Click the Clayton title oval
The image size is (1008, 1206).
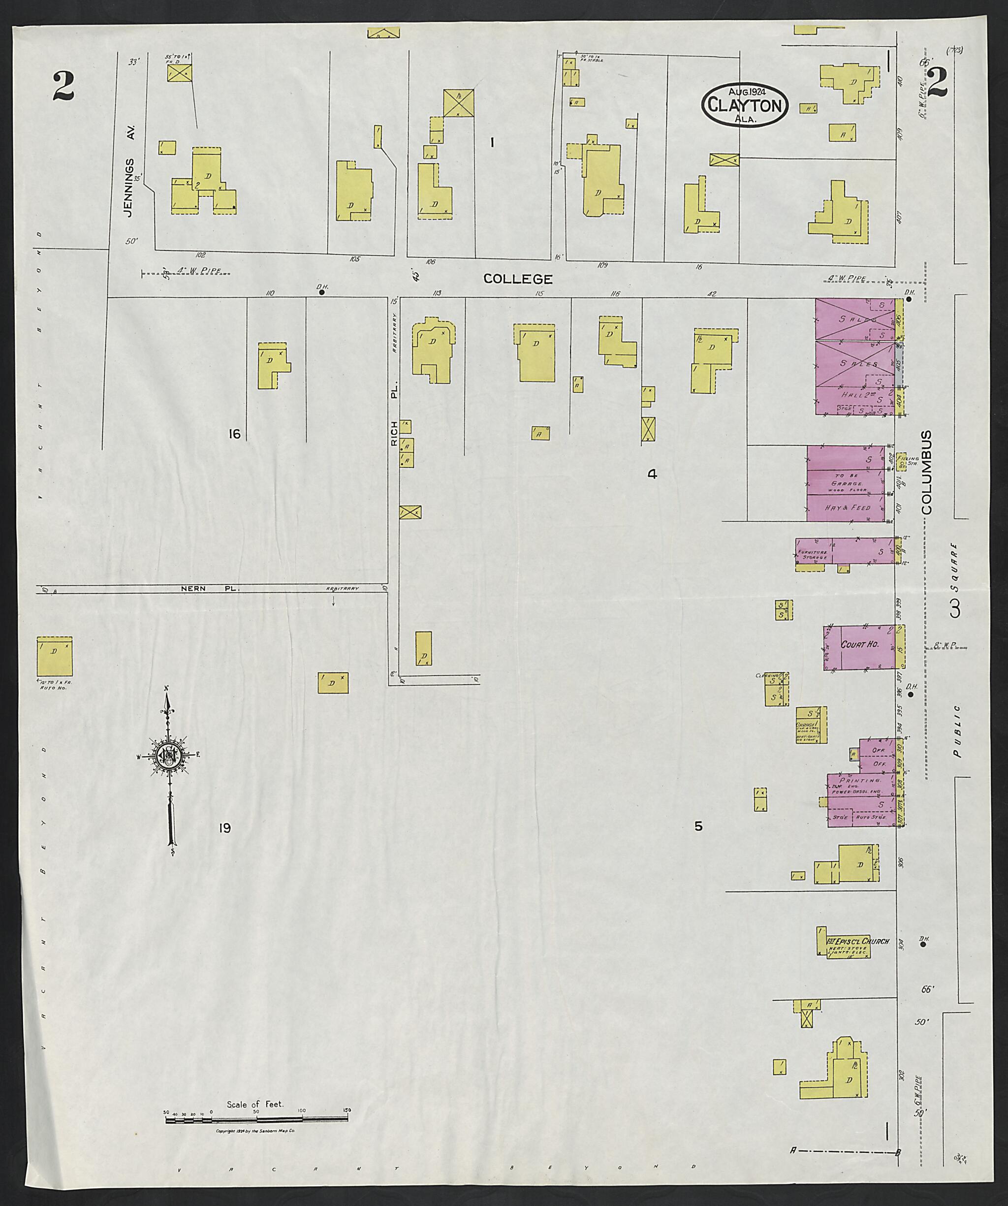pos(744,104)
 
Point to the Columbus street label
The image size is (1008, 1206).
pos(926,472)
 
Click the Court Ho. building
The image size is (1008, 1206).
pos(860,647)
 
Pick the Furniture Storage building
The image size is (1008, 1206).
pos(844,551)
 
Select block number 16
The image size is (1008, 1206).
pos(234,434)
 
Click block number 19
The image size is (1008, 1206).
pos(224,827)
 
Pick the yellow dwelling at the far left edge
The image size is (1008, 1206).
pos(55,656)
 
